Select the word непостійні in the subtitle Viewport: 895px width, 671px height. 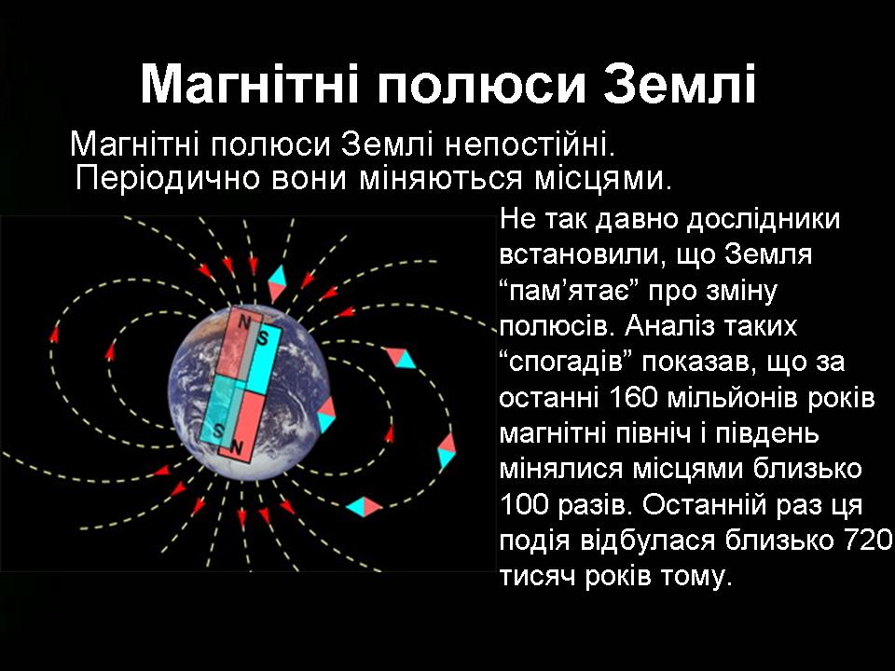coord(530,144)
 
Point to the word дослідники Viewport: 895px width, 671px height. coord(764,220)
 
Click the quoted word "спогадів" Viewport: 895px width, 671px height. coord(567,363)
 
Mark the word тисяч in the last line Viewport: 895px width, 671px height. coord(538,577)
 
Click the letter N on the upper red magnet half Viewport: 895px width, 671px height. coord(243,322)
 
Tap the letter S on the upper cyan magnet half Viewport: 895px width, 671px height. coord(263,338)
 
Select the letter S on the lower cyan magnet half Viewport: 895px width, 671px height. coord(217,431)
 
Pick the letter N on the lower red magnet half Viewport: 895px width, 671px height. coord(236,448)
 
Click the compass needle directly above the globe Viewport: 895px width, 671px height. coord(278,283)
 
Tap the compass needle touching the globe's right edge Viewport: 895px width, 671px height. coord(327,415)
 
